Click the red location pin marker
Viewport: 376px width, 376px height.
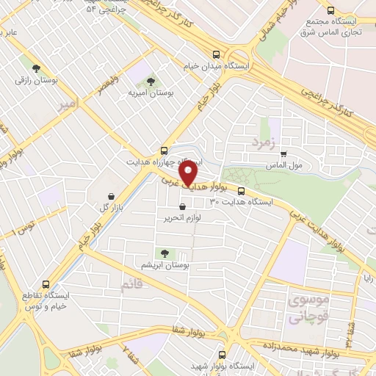[x=189, y=175]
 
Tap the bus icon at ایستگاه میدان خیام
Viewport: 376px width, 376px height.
[x=215, y=54]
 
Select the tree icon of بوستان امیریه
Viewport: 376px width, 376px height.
[x=151, y=82]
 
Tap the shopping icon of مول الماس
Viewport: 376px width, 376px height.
[x=283, y=153]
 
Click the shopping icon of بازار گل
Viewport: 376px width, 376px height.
[x=110, y=197]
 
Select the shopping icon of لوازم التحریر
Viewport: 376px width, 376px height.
[x=181, y=207]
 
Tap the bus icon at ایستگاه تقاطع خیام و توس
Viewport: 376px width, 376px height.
[x=47, y=284]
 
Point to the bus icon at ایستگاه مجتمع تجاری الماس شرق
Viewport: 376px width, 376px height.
[x=330, y=11]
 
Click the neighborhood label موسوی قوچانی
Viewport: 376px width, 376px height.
[x=308, y=311]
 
